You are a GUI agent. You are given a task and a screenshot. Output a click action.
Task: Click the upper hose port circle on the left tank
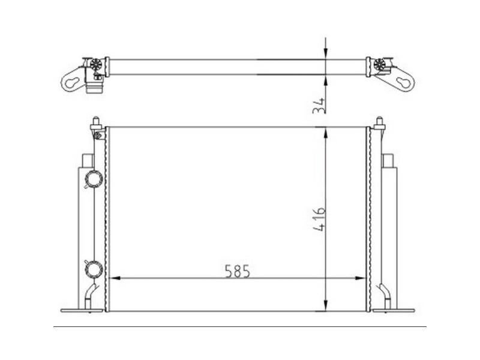click(94, 179)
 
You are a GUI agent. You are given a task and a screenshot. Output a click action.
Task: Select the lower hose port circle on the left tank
click(94, 267)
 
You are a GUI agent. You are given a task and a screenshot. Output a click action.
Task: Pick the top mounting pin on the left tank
click(96, 124)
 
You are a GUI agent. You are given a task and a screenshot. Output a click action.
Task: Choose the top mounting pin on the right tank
click(379, 124)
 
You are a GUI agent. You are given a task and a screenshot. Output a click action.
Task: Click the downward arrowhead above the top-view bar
click(325, 53)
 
